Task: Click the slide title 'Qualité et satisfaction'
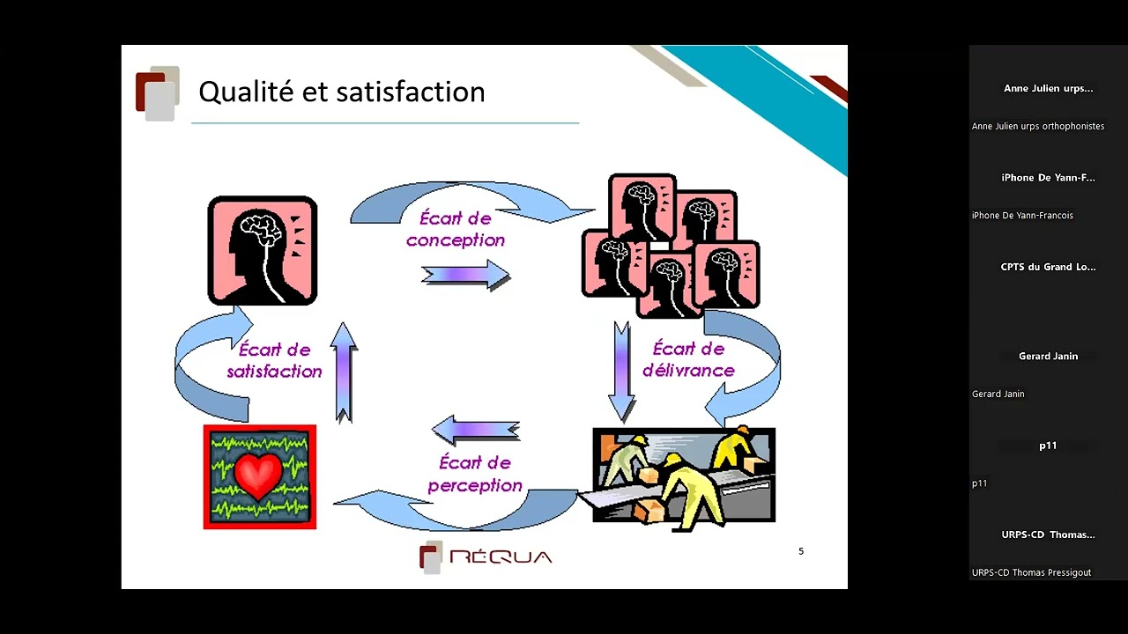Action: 341,92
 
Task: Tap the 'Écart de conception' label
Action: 456,229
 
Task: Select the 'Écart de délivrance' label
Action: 688,359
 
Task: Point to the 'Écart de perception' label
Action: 475,474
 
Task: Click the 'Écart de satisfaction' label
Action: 274,360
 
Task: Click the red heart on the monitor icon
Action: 258,475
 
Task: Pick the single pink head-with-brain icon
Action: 262,251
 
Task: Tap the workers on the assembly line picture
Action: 683,475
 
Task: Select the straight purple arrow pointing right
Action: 466,276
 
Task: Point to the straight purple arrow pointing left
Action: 475,430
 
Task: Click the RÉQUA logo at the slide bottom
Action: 486,557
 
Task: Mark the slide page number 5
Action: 801,551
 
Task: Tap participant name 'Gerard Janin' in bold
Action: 1048,357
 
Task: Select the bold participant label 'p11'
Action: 1048,446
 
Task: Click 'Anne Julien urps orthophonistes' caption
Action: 1037,126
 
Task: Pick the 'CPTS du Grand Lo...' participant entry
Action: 1048,267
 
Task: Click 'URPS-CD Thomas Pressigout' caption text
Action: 1031,572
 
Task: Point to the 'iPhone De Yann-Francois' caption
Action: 1022,215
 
